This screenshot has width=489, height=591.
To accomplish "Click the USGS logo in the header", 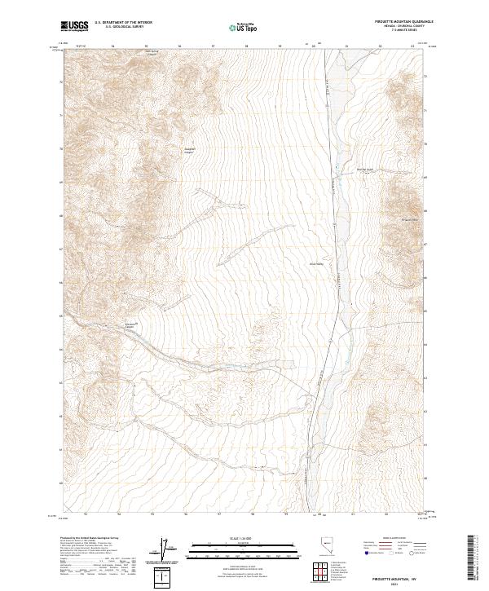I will coord(74,26).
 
